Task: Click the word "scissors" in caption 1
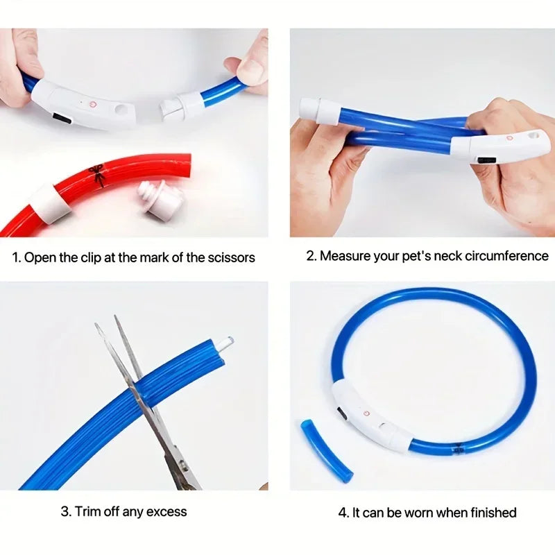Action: pos(231,257)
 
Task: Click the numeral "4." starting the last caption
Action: pos(343,513)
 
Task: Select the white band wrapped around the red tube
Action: pos(49,203)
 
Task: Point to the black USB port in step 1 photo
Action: pos(64,119)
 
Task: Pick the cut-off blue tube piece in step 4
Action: pos(326,450)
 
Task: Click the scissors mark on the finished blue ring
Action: pos(459,449)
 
